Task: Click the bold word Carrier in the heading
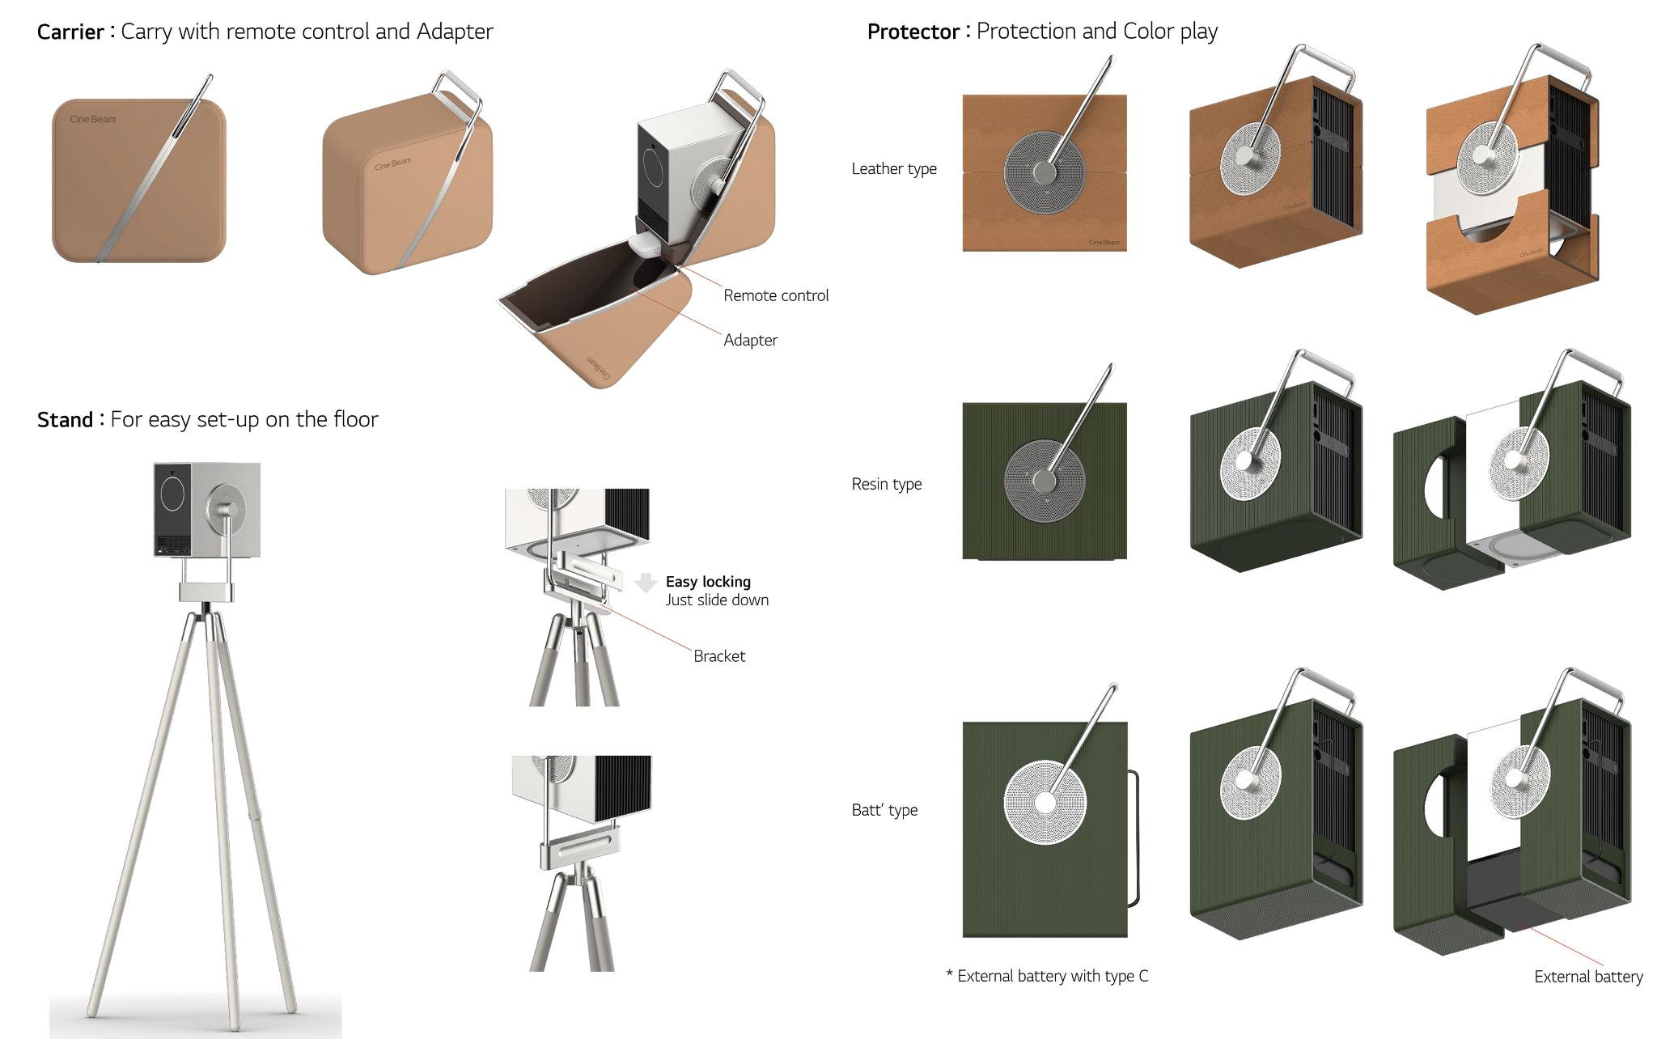click(70, 32)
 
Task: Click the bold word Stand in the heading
click(65, 420)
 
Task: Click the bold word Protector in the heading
click(913, 32)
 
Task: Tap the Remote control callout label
click(775, 295)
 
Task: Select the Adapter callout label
click(750, 340)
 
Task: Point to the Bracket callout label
click(718, 656)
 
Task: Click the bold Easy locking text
click(708, 582)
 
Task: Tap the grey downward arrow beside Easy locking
click(646, 582)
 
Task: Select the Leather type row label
click(893, 168)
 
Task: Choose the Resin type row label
click(886, 484)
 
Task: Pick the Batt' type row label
click(884, 810)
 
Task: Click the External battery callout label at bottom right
click(1587, 977)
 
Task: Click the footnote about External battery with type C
click(1047, 976)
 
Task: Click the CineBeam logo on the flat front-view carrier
click(92, 120)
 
